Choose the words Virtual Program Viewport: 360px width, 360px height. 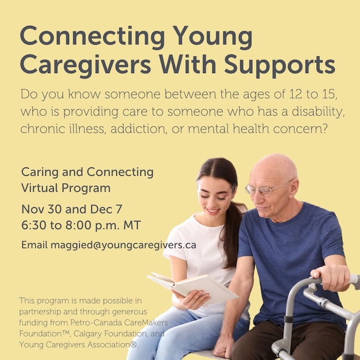tap(66, 188)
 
